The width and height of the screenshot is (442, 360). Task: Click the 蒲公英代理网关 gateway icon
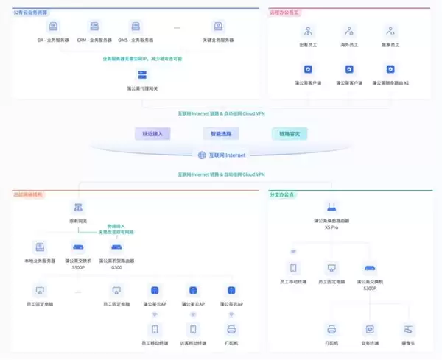tap(144, 74)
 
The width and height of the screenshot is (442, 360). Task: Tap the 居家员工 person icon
tap(390, 31)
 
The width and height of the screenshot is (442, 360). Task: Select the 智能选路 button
tap(220, 134)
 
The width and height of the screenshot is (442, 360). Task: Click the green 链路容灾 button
tap(289, 134)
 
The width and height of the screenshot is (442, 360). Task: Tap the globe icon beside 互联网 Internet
tap(200, 155)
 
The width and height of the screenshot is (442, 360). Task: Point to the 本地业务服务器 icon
tap(39, 247)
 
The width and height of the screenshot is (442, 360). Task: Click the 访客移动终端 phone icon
tap(193, 330)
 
